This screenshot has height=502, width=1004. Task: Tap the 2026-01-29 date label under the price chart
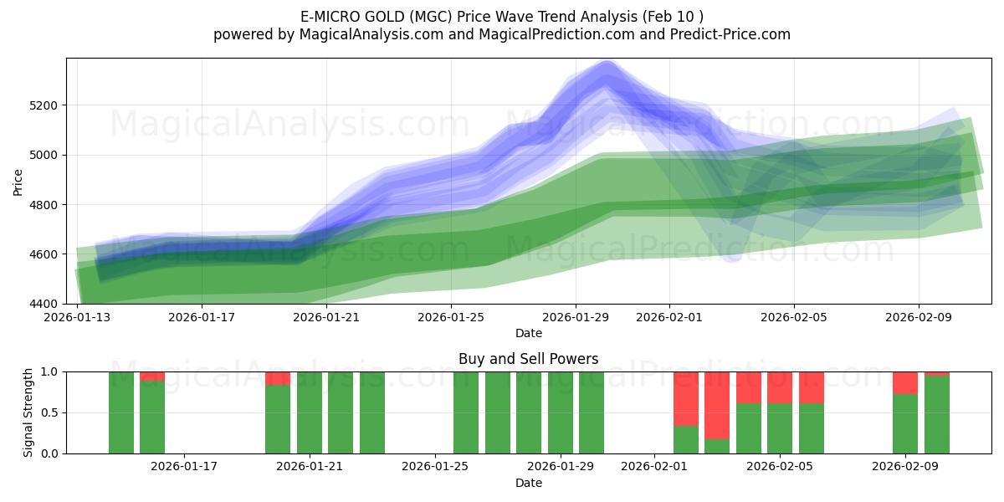[x=576, y=318]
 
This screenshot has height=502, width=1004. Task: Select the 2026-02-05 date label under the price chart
[x=794, y=318]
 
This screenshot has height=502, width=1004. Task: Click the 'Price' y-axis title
[x=18, y=181]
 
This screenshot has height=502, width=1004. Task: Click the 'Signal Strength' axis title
[x=28, y=412]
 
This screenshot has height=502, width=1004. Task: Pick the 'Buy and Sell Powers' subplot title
[x=528, y=359]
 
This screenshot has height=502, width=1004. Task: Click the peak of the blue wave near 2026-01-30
[x=607, y=67]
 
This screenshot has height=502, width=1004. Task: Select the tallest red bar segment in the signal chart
[x=717, y=405]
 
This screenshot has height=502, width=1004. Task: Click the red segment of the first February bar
[x=686, y=398]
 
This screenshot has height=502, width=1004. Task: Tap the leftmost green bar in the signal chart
[x=121, y=412]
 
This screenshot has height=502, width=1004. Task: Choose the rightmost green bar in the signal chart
[x=936, y=414]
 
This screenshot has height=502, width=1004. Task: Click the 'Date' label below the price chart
[x=528, y=333]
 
